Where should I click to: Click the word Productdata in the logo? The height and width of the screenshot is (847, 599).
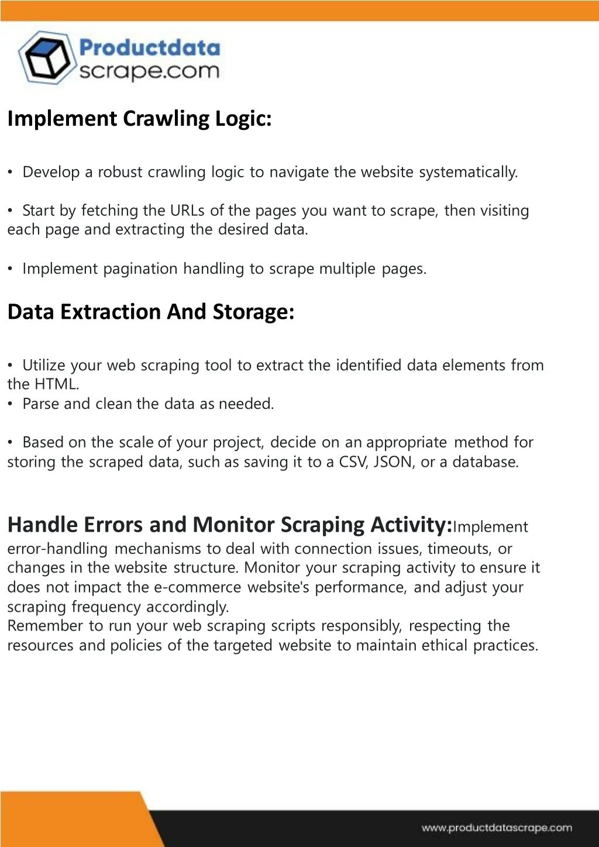(150, 48)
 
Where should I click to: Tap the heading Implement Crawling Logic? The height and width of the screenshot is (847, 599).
(139, 119)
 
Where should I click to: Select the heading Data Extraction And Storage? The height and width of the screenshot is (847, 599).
(150, 312)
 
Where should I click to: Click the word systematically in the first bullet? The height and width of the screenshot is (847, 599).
(468, 173)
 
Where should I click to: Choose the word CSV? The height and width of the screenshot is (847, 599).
(353, 462)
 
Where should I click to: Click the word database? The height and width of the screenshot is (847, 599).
(485, 462)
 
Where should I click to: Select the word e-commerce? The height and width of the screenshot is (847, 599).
(197, 587)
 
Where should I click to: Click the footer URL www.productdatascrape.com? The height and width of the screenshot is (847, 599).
(497, 828)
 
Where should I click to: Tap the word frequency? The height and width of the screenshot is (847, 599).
(106, 607)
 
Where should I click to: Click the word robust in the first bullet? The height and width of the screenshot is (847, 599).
(120, 173)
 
